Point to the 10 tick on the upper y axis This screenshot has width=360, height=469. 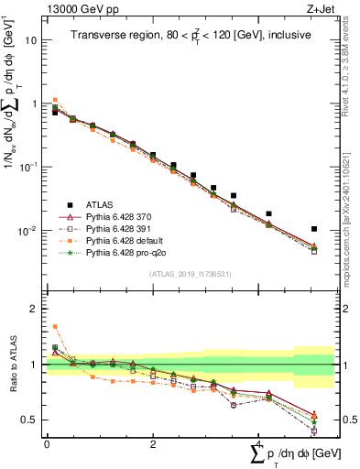33,40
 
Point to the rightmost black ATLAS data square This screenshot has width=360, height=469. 314,229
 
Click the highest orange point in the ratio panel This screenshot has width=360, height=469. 55,326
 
